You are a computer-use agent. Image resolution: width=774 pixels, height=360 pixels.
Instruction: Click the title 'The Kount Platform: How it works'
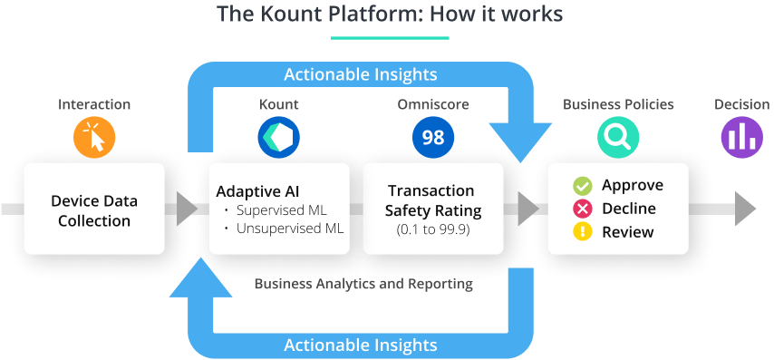click(390, 15)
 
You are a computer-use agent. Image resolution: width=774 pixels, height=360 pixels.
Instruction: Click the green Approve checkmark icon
click(582, 186)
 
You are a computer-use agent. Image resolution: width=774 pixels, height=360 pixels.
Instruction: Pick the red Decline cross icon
click(582, 209)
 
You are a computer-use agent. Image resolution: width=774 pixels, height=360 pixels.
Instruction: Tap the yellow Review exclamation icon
click(582, 232)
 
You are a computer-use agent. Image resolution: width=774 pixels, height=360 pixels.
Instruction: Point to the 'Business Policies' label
click(618, 104)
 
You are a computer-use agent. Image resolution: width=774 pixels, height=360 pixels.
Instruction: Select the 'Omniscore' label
click(432, 104)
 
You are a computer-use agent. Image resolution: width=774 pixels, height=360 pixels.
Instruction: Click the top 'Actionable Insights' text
click(360, 73)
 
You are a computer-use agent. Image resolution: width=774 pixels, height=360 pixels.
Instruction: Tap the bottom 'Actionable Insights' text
click(360, 345)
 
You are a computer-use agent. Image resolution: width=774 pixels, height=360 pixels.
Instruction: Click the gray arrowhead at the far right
click(745, 209)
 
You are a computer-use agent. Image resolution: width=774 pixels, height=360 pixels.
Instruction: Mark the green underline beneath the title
click(390, 38)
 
